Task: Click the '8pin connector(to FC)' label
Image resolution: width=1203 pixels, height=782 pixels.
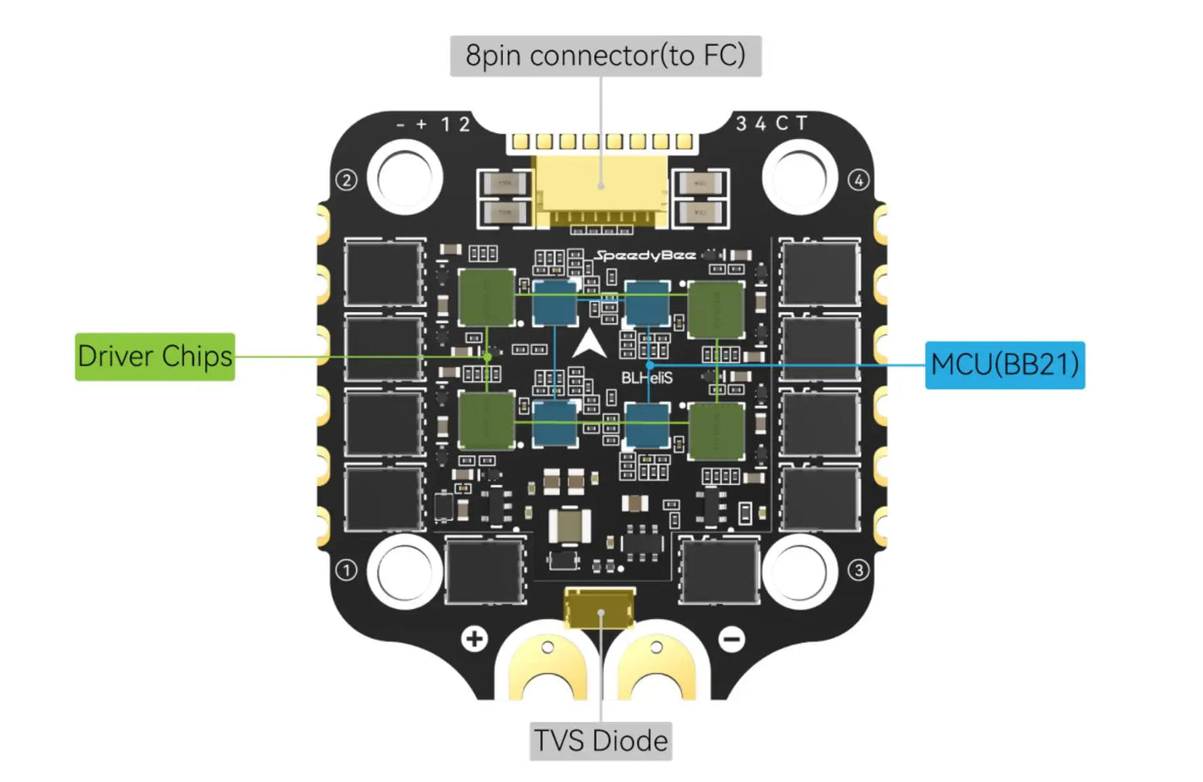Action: click(605, 56)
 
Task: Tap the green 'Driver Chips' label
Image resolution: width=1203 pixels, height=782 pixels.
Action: click(155, 357)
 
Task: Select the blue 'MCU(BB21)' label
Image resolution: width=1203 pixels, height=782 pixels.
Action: click(1005, 365)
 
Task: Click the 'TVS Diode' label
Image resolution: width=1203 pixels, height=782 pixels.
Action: click(600, 740)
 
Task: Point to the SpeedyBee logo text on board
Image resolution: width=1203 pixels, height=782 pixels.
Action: click(645, 255)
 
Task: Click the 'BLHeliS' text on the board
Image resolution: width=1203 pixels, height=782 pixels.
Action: click(647, 379)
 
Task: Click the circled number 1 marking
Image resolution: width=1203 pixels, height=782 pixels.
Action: click(346, 570)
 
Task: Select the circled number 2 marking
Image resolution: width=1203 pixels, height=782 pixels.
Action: click(346, 180)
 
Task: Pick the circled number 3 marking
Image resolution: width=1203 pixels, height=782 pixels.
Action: click(858, 570)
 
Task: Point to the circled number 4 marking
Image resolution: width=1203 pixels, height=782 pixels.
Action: click(858, 180)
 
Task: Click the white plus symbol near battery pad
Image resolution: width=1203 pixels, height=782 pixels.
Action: click(475, 639)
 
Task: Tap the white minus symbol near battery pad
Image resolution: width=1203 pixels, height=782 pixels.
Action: click(732, 639)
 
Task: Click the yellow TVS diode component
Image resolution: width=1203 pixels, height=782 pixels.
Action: click(599, 610)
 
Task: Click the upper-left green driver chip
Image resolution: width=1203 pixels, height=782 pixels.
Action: click(486, 298)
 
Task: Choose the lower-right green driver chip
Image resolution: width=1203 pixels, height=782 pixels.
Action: click(715, 430)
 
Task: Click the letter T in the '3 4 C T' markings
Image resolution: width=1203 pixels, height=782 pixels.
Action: click(801, 123)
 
